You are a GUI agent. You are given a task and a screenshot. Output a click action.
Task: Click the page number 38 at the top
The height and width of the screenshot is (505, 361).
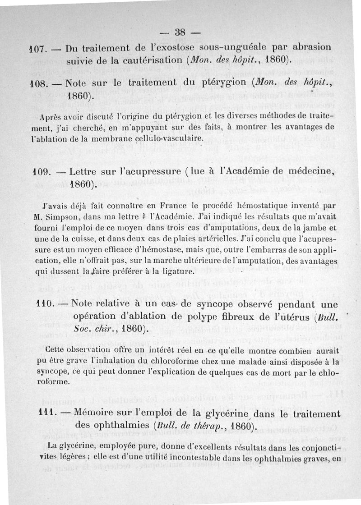point(180,32)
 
